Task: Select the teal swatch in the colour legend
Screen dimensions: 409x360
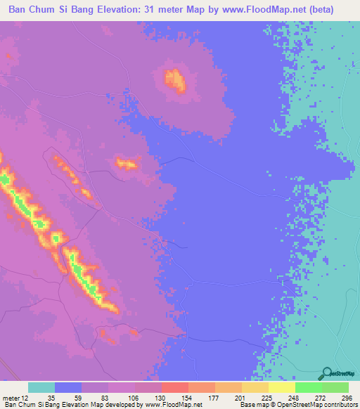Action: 41,388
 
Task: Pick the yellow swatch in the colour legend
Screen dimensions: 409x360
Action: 281,388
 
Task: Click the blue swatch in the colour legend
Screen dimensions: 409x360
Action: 68,388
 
